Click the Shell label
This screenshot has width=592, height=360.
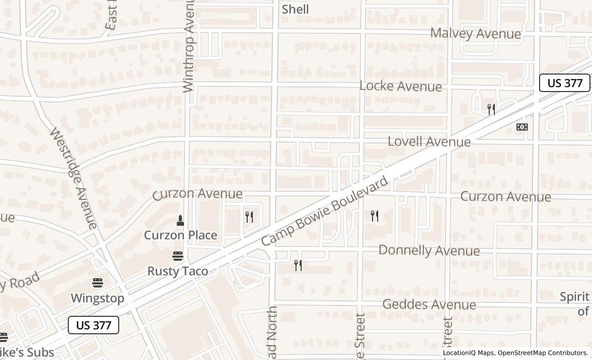pos(295,9)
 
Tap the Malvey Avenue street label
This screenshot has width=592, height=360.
pos(475,34)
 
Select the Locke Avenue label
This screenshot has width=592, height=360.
pos(400,86)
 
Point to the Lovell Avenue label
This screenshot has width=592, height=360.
pos(429,141)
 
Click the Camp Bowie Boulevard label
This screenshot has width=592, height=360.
pos(324,212)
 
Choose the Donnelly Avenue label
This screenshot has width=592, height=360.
pos(429,250)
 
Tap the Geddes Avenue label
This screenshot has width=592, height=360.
pos(429,304)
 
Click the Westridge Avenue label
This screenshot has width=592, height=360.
pos(73,178)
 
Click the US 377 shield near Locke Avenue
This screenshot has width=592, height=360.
pos(564,83)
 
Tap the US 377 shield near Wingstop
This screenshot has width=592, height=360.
pos(94,325)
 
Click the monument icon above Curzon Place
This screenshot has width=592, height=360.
pos(180,221)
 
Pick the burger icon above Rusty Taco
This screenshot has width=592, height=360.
pos(178,256)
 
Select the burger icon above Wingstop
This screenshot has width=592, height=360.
pos(98,282)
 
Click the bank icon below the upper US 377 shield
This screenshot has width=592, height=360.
pos(522,127)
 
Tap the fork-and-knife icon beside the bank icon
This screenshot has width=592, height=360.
pos(491,110)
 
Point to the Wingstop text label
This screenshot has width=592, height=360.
pos(97,298)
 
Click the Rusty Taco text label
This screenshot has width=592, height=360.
pos(178,271)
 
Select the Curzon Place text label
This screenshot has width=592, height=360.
pos(180,235)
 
